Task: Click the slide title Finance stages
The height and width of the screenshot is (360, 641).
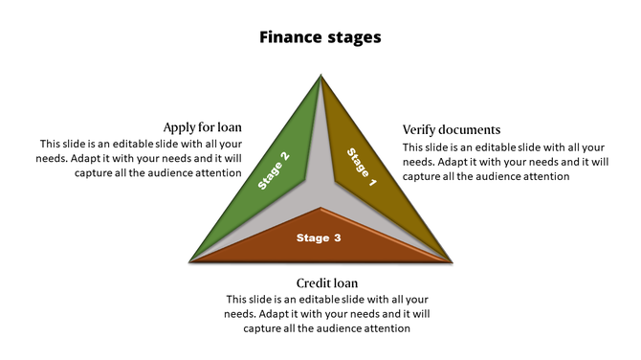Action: click(x=320, y=37)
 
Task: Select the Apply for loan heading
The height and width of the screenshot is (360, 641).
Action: click(x=202, y=127)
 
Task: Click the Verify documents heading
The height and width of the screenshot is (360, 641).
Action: click(x=452, y=129)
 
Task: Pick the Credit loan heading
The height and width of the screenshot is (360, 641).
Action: click(x=327, y=282)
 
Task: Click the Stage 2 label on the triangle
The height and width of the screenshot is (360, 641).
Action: click(x=274, y=170)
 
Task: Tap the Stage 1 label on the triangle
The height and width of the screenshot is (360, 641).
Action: click(x=362, y=167)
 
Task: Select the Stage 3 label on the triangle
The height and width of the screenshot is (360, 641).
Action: click(x=319, y=237)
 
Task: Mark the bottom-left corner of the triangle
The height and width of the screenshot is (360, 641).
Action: click(x=192, y=260)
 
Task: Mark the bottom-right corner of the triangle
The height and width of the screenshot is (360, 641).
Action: click(x=451, y=260)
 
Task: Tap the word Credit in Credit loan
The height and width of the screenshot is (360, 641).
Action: click(x=314, y=282)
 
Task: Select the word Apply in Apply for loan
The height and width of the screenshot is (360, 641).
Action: click(x=179, y=127)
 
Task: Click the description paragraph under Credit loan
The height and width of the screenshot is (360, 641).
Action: click(x=327, y=313)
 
